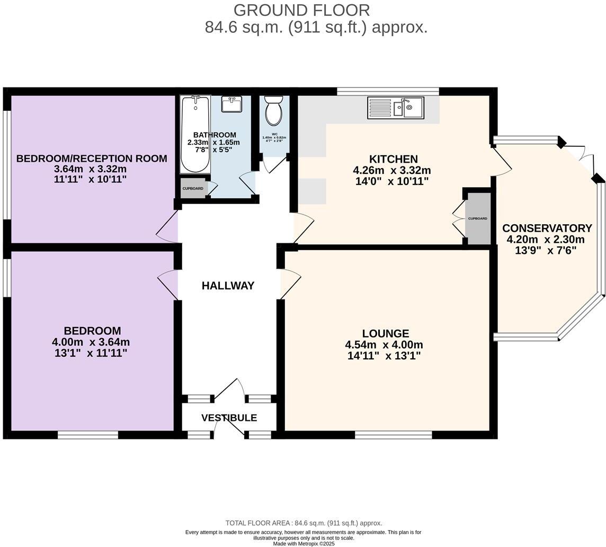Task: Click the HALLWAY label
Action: point(228,286)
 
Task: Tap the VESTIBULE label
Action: point(229,418)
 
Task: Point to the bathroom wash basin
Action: point(231,104)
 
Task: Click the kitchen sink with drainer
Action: point(396,108)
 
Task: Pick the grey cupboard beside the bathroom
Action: point(193,189)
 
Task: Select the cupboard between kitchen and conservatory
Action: point(478,218)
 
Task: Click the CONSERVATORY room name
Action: point(547,228)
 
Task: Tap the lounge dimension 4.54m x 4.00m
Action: point(384,345)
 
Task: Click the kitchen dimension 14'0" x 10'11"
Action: point(392,181)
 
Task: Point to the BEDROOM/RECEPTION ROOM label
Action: point(92,158)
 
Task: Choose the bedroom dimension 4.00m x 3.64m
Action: point(91,342)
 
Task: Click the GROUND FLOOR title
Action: point(301,10)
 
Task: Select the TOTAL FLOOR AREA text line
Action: point(304,523)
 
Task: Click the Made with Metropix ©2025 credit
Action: point(304,543)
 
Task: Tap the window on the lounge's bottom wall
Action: point(393,435)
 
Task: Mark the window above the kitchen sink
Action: point(388,91)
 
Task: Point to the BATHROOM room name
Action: point(215,135)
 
